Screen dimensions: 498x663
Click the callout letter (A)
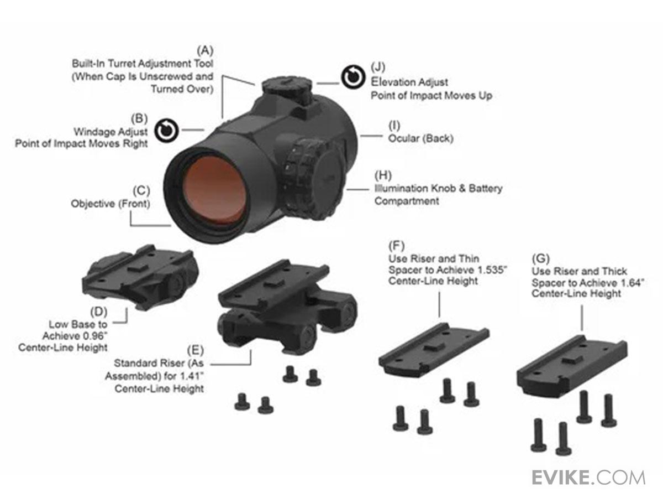point(205,50)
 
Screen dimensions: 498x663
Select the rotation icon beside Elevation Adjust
point(352,77)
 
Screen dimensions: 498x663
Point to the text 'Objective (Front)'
point(110,204)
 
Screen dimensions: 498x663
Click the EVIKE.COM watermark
point(588,477)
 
